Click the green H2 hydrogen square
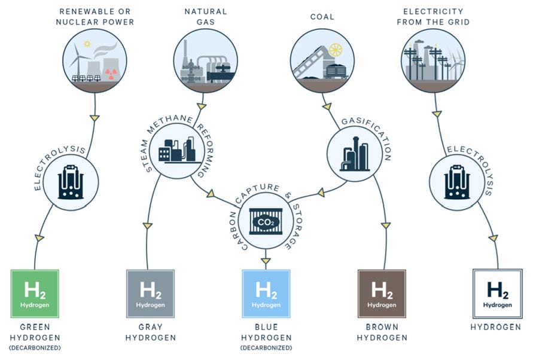[35, 294]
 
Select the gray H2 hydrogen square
[150, 294]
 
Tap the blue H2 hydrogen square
[266, 294]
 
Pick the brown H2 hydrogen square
[382, 294]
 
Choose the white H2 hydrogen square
[497, 294]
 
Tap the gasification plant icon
[355, 152]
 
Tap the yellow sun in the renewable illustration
[87, 44]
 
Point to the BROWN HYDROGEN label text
[382, 332]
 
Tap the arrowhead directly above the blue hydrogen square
[266, 260]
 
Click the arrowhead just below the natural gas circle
[202, 106]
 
